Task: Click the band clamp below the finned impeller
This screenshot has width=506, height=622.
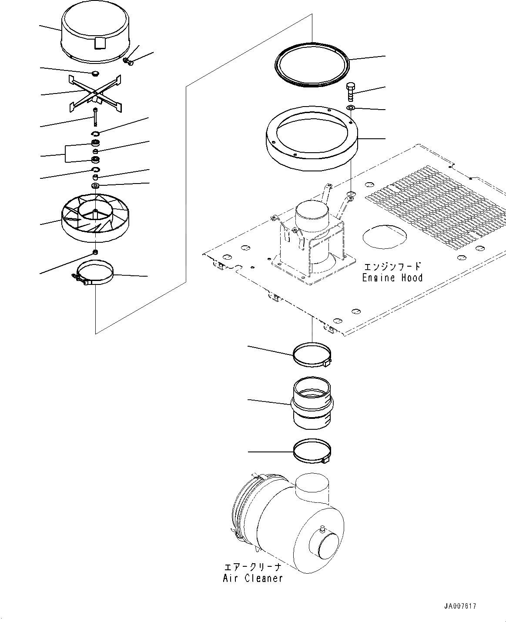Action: pyautogui.click(x=95, y=274)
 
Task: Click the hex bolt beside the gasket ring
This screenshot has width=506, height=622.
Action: pyautogui.click(x=351, y=91)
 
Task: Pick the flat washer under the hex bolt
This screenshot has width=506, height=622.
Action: pyautogui.click(x=351, y=107)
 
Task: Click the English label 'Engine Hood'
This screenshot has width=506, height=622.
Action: pyautogui.click(x=392, y=278)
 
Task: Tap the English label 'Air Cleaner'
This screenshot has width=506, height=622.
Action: pyautogui.click(x=253, y=578)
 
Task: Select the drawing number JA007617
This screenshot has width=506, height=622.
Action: pyautogui.click(x=463, y=606)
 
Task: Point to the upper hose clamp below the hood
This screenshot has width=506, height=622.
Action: pyautogui.click(x=312, y=354)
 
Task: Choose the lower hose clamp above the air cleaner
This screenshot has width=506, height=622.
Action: pyautogui.click(x=312, y=452)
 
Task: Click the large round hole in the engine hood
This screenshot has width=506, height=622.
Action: pyautogui.click(x=385, y=238)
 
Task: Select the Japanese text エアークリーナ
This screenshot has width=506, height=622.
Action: pyautogui.click(x=252, y=567)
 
